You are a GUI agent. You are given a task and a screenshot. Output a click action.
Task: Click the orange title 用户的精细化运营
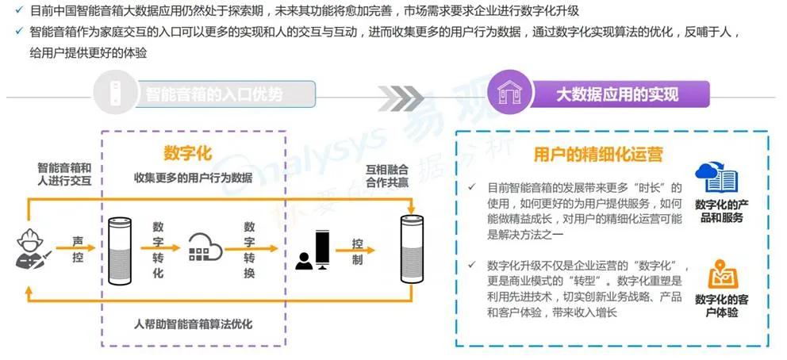point(598,154)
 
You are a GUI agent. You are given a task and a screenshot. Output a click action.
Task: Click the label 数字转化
point(158,248)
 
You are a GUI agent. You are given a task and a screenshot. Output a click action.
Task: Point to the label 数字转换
point(250,248)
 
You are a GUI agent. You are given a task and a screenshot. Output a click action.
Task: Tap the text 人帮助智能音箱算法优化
point(194,324)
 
